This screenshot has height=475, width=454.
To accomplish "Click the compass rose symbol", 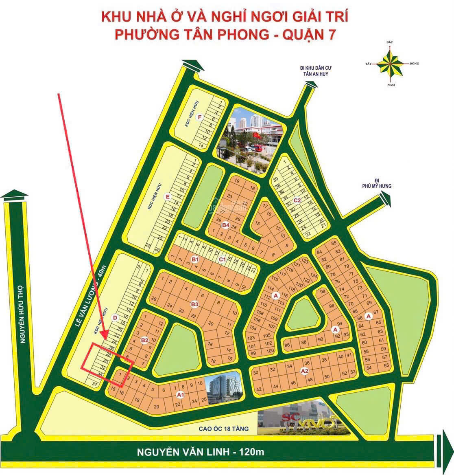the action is coord(390,64).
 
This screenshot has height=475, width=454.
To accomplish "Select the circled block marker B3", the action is coord(194,304).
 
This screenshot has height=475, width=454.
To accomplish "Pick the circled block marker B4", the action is coord(226,225).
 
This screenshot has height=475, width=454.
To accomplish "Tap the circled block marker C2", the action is coord(297,200).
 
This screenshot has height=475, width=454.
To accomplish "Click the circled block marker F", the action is coord(199,118).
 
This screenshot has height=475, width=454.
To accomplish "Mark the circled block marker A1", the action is coord(180,394).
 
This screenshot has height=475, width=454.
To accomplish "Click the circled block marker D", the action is coord(115,318).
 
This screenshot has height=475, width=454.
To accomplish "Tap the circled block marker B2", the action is coord(144,340).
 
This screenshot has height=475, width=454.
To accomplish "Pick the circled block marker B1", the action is coord(195,259).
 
